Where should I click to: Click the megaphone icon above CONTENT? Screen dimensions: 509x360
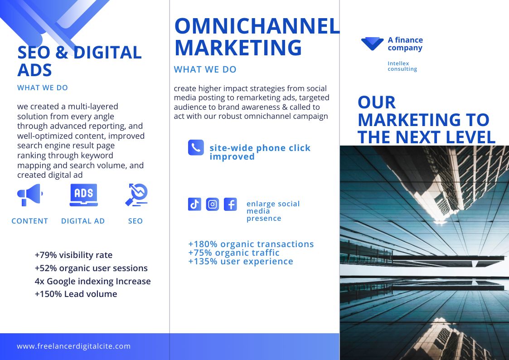[x=30, y=195]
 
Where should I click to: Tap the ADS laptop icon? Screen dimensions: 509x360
[x=84, y=195]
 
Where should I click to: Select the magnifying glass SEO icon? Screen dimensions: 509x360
[x=137, y=195]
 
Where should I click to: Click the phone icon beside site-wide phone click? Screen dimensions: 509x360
[x=196, y=148]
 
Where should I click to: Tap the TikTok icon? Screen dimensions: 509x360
[x=194, y=204]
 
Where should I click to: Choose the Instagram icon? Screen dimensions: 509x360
[x=212, y=204]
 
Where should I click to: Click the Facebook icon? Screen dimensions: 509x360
[x=231, y=204]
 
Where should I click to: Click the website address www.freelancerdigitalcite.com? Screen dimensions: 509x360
[x=74, y=346]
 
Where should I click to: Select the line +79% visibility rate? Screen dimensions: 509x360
[x=74, y=255]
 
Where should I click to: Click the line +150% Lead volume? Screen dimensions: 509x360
[x=76, y=294]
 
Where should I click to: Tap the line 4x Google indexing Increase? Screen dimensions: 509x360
[x=93, y=281]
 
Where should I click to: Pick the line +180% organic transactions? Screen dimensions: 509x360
[x=251, y=244]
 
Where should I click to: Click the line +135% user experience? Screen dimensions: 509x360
[x=241, y=261]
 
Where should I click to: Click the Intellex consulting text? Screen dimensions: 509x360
[x=402, y=66]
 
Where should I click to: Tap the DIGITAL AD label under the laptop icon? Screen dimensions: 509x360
[x=83, y=221]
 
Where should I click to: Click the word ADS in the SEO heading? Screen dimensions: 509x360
[x=35, y=70]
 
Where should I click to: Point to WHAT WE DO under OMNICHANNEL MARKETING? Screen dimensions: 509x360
[x=205, y=69]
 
